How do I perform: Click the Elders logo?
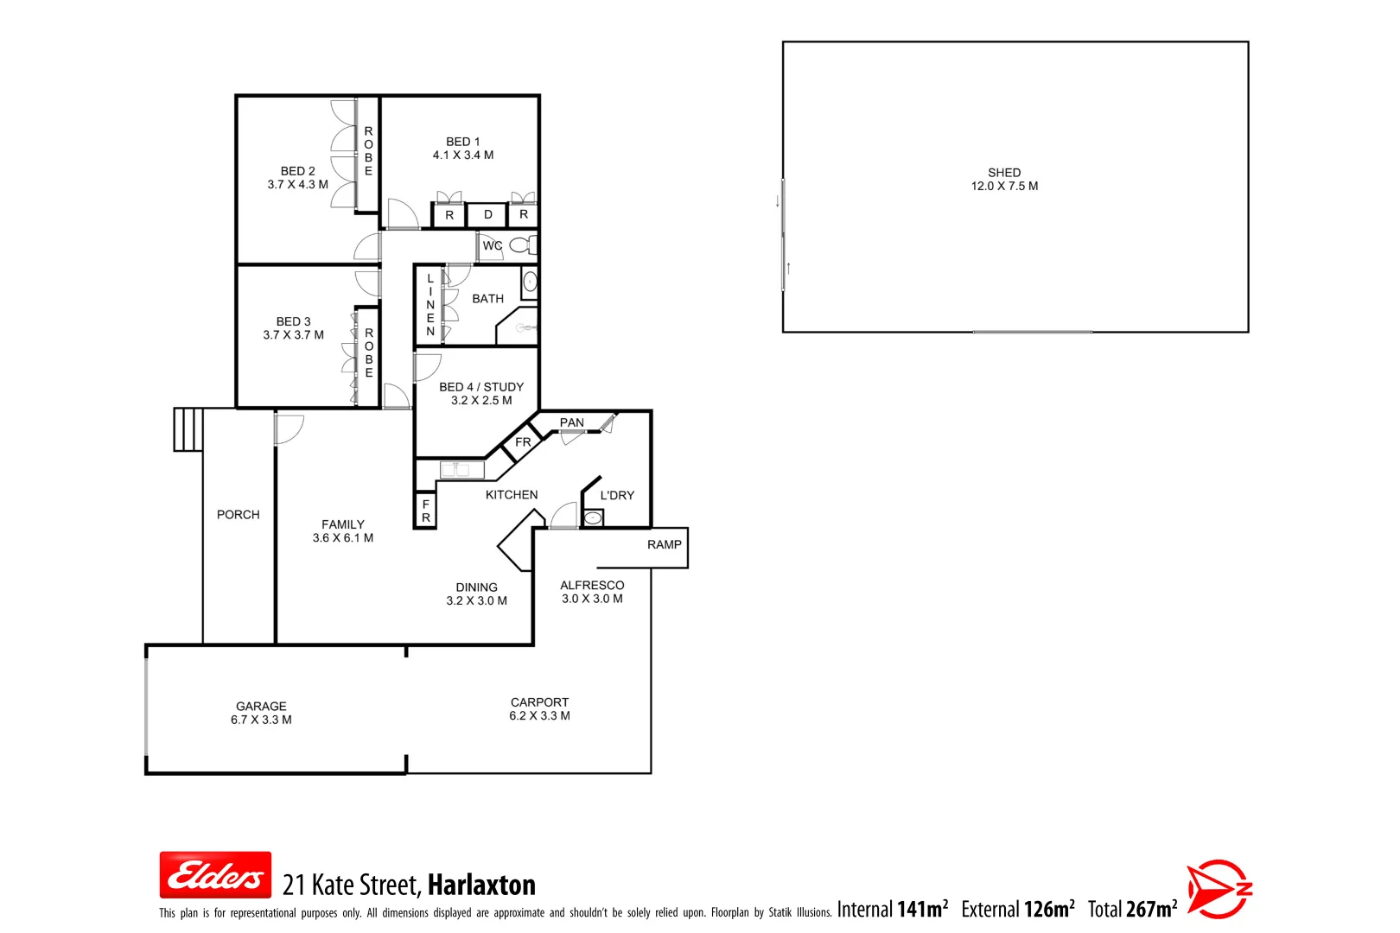tap(215, 875)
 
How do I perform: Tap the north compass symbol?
tap(1219, 888)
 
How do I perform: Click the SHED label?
tap(1004, 173)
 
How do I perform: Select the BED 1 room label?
tap(463, 142)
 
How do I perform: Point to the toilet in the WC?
tap(520, 245)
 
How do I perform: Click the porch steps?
tap(188, 429)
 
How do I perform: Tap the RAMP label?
tap(664, 544)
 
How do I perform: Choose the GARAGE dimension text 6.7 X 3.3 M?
tap(261, 720)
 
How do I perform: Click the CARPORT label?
tap(539, 702)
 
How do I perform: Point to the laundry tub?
tap(593, 518)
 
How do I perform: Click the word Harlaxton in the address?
tap(481, 885)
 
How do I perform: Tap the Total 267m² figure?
tap(1132, 909)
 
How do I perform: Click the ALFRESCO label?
tap(592, 585)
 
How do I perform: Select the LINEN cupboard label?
tap(430, 305)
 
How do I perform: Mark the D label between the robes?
tap(488, 215)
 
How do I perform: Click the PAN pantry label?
tap(571, 422)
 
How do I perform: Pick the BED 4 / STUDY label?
tap(481, 387)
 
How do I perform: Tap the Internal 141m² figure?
tap(892, 909)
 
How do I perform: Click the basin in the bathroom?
tap(530, 282)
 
